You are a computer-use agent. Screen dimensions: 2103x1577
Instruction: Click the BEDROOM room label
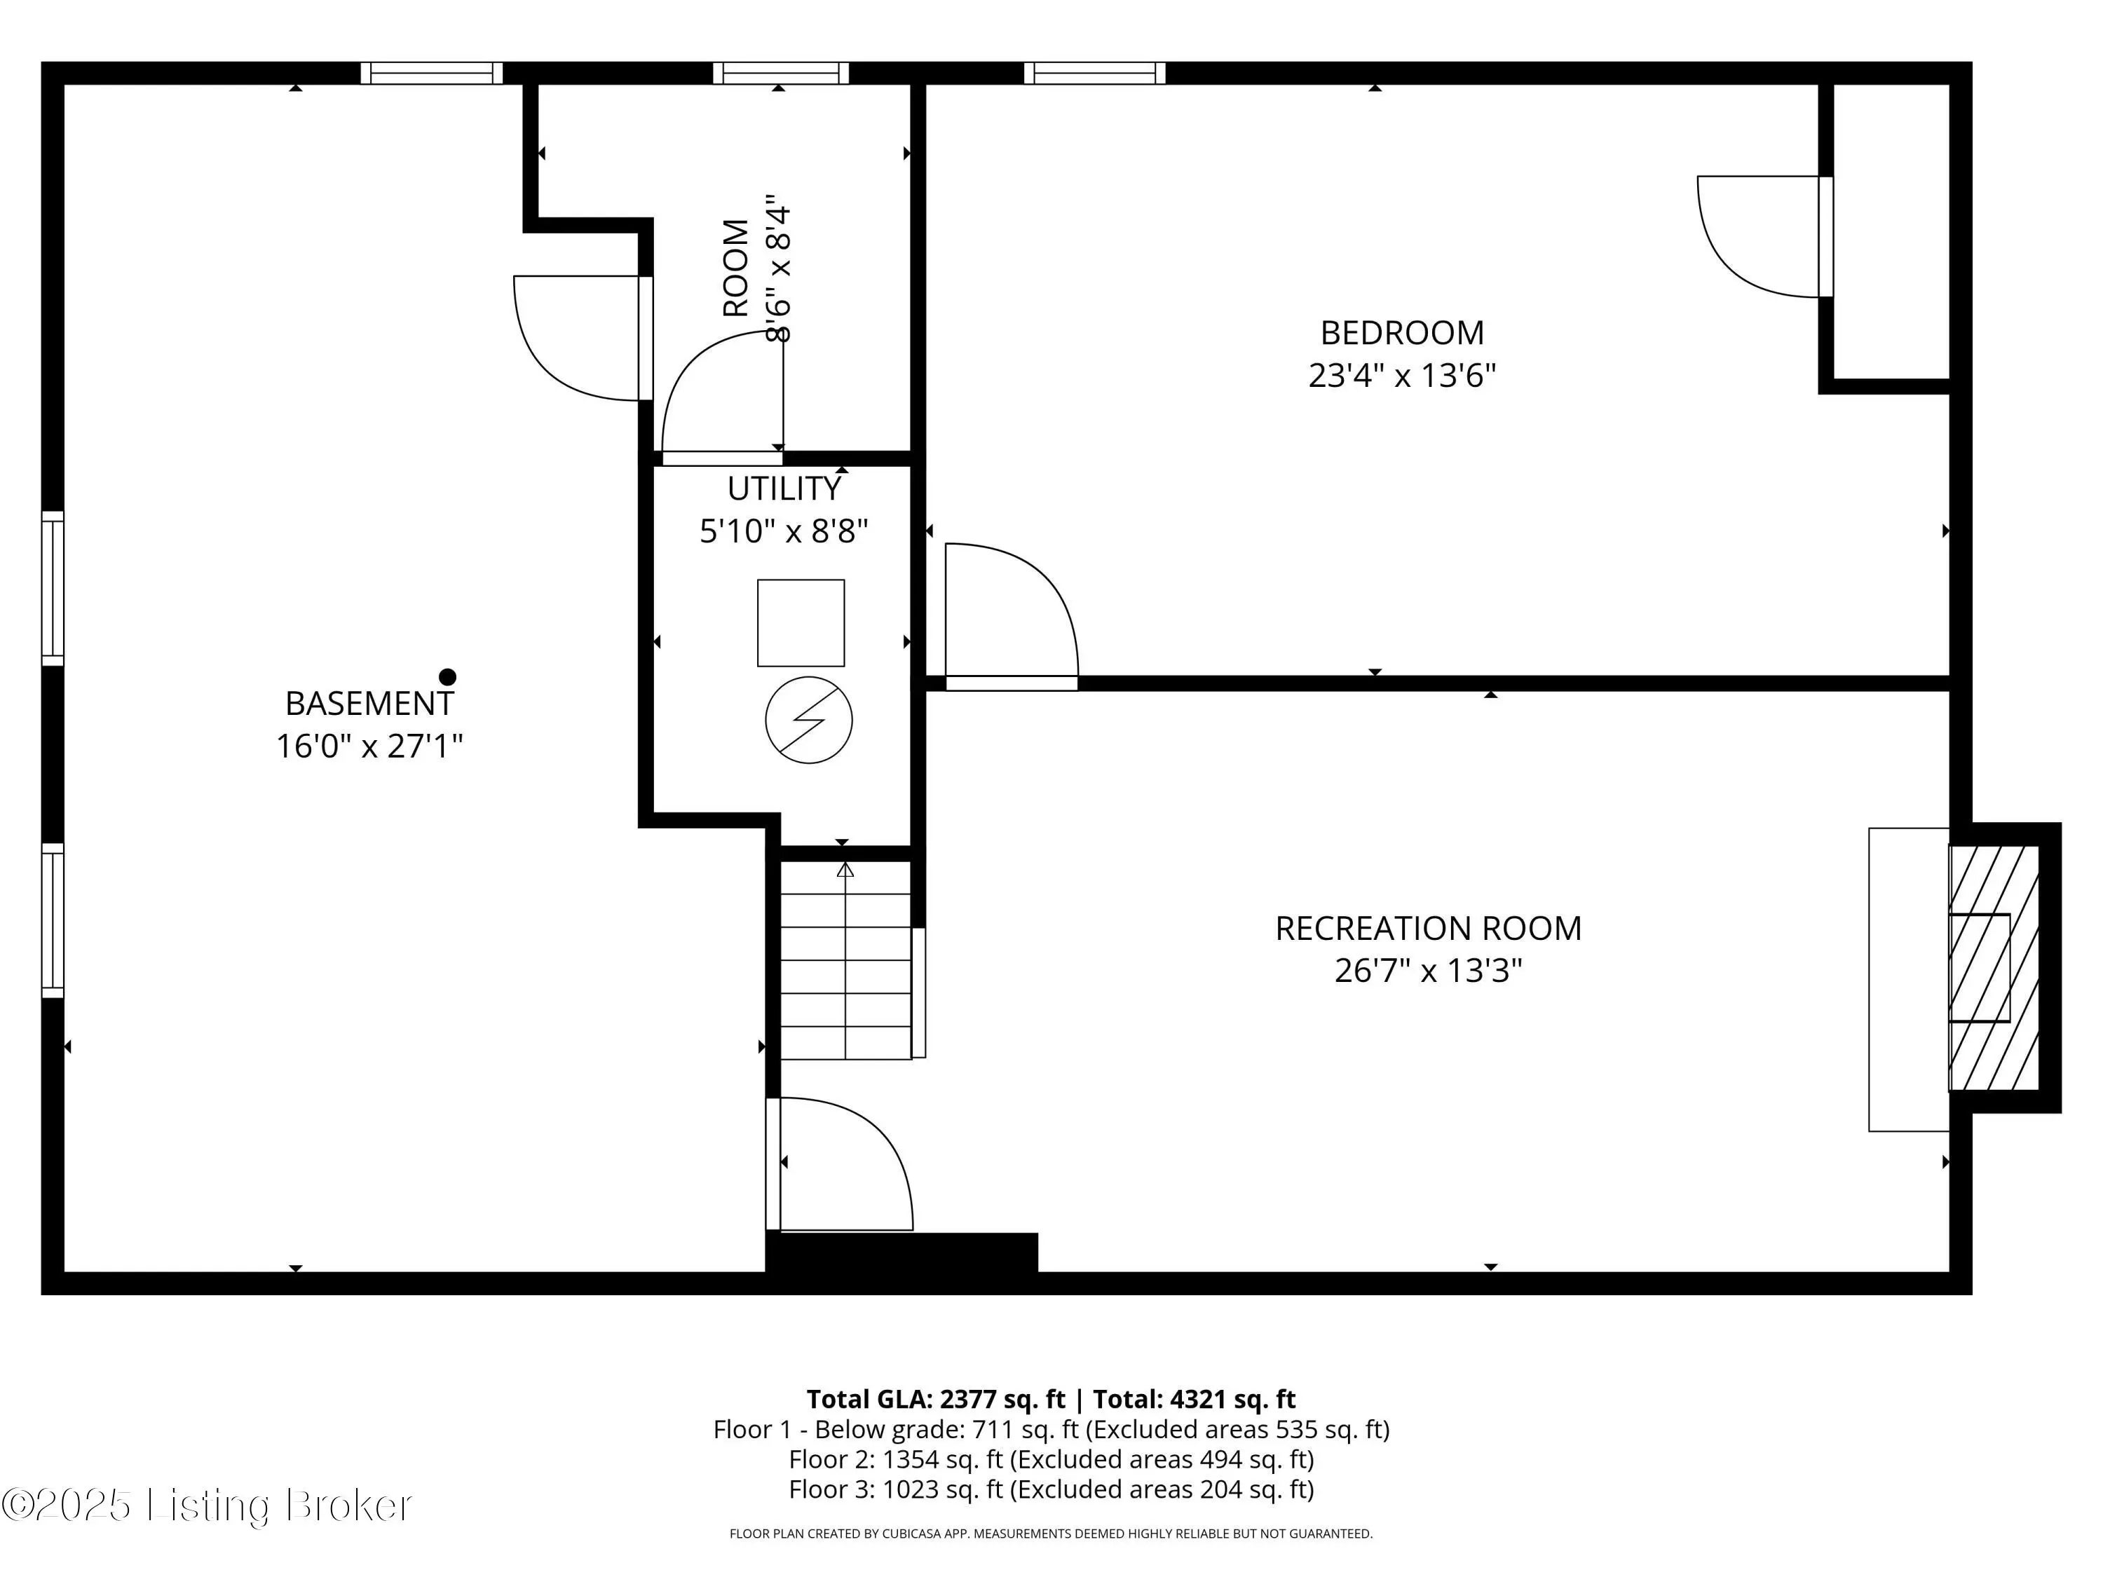[1401, 333]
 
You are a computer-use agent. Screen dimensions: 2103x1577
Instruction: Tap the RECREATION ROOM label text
[1428, 928]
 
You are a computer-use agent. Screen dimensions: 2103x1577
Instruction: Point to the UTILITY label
[784, 489]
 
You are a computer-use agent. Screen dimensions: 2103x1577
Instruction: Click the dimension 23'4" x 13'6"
[1401, 376]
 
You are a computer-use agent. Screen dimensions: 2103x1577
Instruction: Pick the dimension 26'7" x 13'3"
[1428, 971]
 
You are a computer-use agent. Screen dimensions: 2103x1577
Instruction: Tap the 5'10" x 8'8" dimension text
[784, 531]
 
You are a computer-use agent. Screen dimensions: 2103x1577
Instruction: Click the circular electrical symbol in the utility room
[808, 720]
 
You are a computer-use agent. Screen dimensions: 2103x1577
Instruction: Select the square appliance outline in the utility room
[801, 622]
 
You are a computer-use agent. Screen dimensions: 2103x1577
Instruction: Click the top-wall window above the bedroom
[1094, 73]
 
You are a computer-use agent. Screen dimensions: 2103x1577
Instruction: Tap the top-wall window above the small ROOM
[780, 73]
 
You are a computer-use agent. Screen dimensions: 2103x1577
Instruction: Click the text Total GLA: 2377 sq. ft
[936, 1399]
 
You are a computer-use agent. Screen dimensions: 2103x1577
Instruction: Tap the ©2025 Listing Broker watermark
[207, 1505]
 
